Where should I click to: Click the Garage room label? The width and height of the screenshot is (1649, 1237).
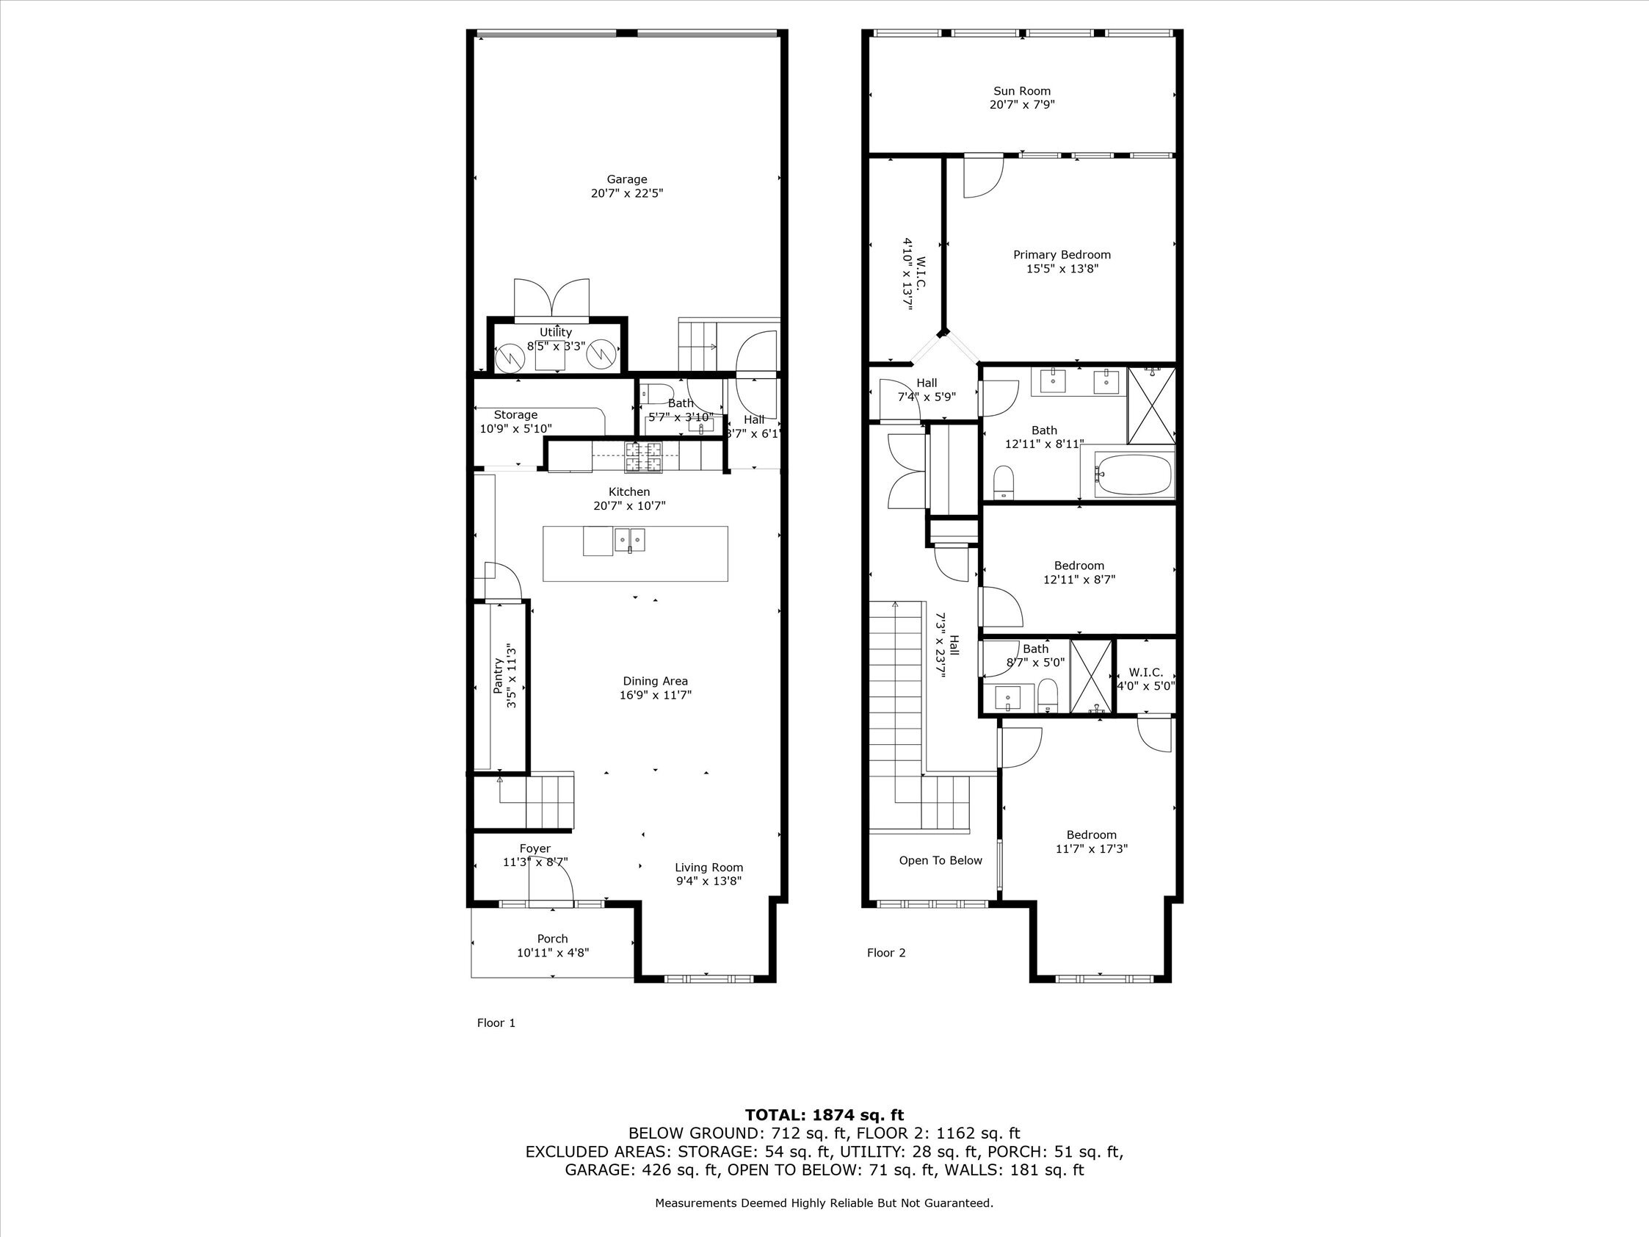click(626, 179)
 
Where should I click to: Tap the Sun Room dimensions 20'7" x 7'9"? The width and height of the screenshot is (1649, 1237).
click(1021, 105)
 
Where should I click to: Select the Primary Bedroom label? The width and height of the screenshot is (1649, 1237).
click(1062, 255)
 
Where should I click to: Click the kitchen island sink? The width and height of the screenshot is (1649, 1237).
click(630, 539)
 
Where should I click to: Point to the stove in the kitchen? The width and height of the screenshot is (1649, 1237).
click(643, 456)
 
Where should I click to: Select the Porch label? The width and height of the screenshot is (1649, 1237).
click(552, 939)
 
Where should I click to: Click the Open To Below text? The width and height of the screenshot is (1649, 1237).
click(940, 860)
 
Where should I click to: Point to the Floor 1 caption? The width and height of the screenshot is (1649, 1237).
click(496, 1023)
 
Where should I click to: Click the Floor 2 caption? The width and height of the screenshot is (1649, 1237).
click(885, 953)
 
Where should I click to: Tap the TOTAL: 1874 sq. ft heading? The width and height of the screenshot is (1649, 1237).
click(824, 1116)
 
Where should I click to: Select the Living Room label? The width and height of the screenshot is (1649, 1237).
click(708, 868)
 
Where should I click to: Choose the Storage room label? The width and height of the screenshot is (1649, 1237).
click(515, 414)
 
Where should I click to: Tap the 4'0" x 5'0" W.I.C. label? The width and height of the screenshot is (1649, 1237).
click(1145, 679)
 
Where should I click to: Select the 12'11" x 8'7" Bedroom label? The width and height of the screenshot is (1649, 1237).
click(1079, 573)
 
